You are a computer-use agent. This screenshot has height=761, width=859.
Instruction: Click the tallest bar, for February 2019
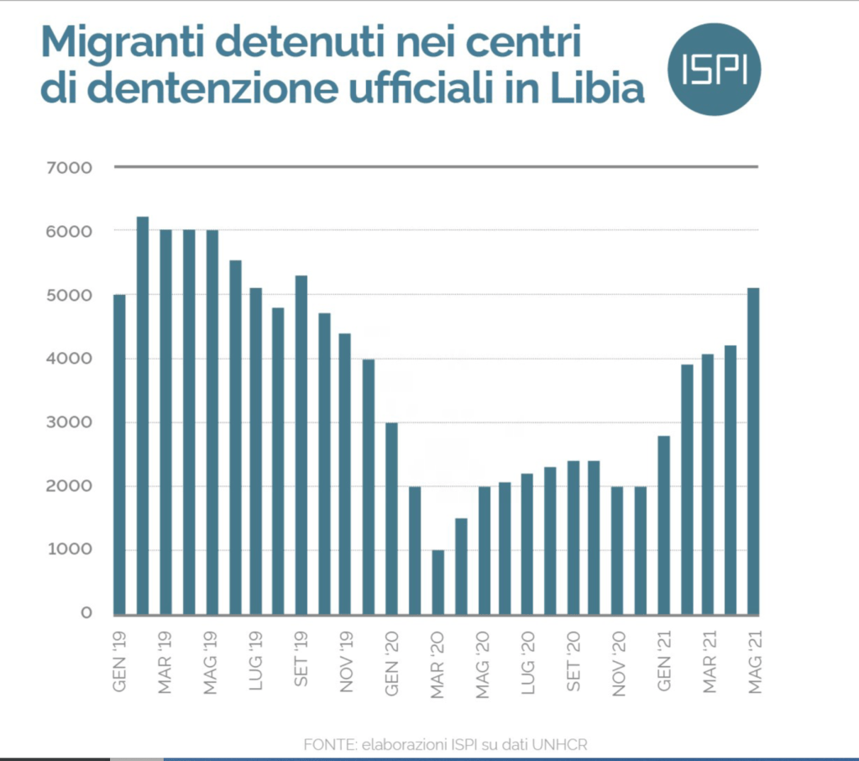point(143,415)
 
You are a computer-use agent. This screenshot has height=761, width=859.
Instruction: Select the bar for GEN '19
point(119,454)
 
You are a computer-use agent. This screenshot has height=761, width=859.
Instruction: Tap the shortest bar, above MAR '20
point(437,581)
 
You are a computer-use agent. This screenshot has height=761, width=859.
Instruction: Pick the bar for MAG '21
point(753,450)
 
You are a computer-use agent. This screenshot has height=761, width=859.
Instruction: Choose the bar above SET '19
point(301,444)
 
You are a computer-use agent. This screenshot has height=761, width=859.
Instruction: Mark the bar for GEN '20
point(391,517)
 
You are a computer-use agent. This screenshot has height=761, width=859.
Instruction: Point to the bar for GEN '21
point(663,524)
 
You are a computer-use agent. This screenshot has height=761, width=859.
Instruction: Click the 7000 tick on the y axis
point(75,167)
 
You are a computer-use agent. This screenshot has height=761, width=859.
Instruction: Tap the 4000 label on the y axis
point(75,359)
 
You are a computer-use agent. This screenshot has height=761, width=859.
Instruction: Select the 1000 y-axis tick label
point(75,550)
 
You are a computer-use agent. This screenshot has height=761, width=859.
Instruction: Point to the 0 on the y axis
point(86,613)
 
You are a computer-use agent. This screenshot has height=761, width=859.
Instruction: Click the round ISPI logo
point(714,70)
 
